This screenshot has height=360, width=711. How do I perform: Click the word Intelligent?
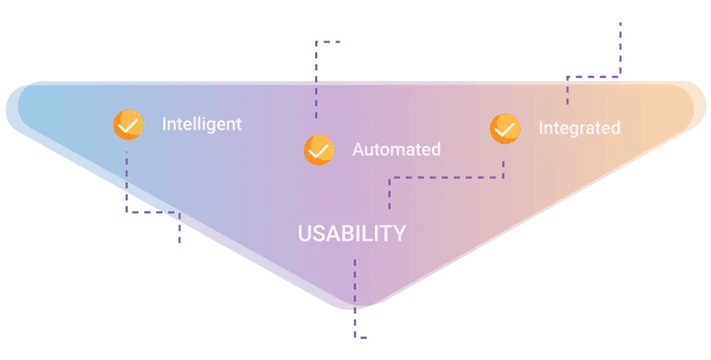pos(202,123)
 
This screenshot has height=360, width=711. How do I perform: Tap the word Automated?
pos(397,149)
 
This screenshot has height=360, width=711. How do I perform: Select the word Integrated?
pos(579,128)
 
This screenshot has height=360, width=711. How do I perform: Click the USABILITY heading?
pos(352,233)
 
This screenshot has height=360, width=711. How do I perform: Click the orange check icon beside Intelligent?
pos(128,125)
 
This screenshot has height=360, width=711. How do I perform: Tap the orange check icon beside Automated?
pos(319,150)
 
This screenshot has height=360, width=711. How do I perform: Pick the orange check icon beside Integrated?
pos(505,129)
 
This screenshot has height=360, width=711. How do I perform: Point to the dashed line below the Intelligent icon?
pos(153,212)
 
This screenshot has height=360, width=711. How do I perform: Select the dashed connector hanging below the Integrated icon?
pos(447,177)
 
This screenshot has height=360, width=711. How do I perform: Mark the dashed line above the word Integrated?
pos(594,77)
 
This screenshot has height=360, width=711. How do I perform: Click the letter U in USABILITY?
pos(305,234)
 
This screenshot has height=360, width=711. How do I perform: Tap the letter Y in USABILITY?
pos(399,234)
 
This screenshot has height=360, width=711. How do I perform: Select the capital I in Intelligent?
pos(164,123)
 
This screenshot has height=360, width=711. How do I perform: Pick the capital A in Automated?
pos(358,149)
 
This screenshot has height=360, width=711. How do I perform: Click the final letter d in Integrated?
pos(615,127)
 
